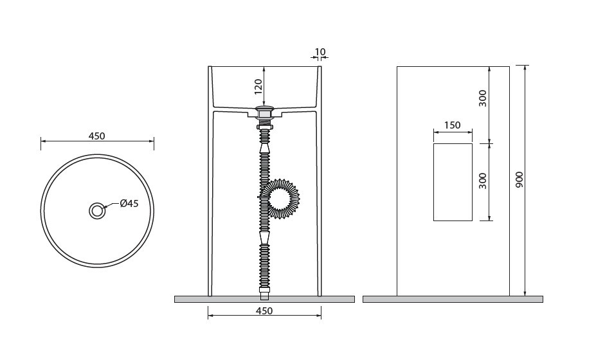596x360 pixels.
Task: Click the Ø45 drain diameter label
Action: pos(129,204)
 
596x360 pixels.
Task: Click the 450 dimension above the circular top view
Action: pos(96,136)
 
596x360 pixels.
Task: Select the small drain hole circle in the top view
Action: pos(97,211)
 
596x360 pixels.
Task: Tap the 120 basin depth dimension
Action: pos(258,87)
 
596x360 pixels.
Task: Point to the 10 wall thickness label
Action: pos(320,51)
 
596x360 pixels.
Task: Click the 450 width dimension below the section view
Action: pos(264,311)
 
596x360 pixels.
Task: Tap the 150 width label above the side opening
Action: pos(453,125)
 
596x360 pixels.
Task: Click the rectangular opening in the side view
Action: pos(453,182)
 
